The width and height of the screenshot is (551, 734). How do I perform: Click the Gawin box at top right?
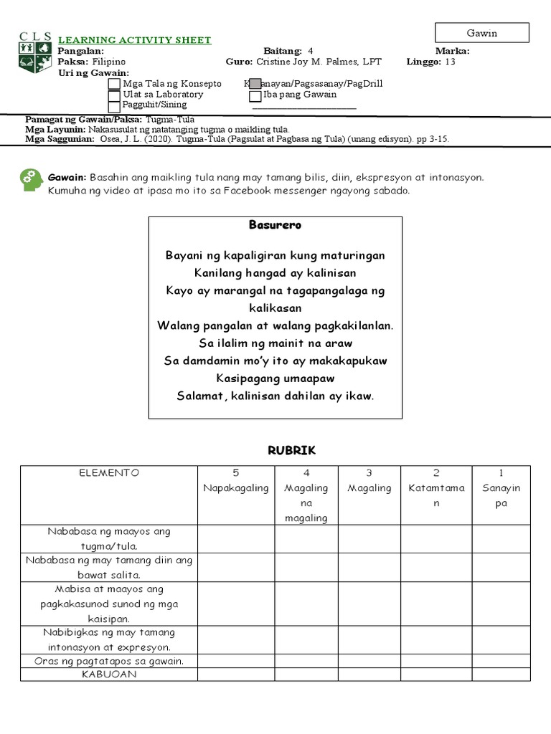pos(481,33)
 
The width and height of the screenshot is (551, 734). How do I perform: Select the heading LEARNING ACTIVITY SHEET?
pos(134,40)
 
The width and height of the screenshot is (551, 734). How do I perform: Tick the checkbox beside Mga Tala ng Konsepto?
pos(114,84)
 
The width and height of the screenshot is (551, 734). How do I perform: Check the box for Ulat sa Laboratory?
pos(114,95)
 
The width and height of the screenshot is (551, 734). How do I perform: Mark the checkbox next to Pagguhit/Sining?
pos(114,106)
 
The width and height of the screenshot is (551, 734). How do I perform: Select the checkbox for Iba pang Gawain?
pos(255,95)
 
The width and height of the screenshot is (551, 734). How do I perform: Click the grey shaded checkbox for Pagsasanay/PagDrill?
pos(255,84)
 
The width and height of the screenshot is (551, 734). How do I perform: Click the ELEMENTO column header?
pos(109,473)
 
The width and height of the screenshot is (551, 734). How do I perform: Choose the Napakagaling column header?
pos(236,488)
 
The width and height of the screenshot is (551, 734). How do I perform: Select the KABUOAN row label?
pos(108,675)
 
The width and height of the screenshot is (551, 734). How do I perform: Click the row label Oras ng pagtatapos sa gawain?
pos(109,661)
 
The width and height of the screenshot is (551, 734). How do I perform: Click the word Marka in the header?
pos(452,51)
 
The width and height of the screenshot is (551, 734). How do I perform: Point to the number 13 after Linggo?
pos(450,62)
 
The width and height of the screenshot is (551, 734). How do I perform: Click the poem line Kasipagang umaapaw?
pos(275,378)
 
